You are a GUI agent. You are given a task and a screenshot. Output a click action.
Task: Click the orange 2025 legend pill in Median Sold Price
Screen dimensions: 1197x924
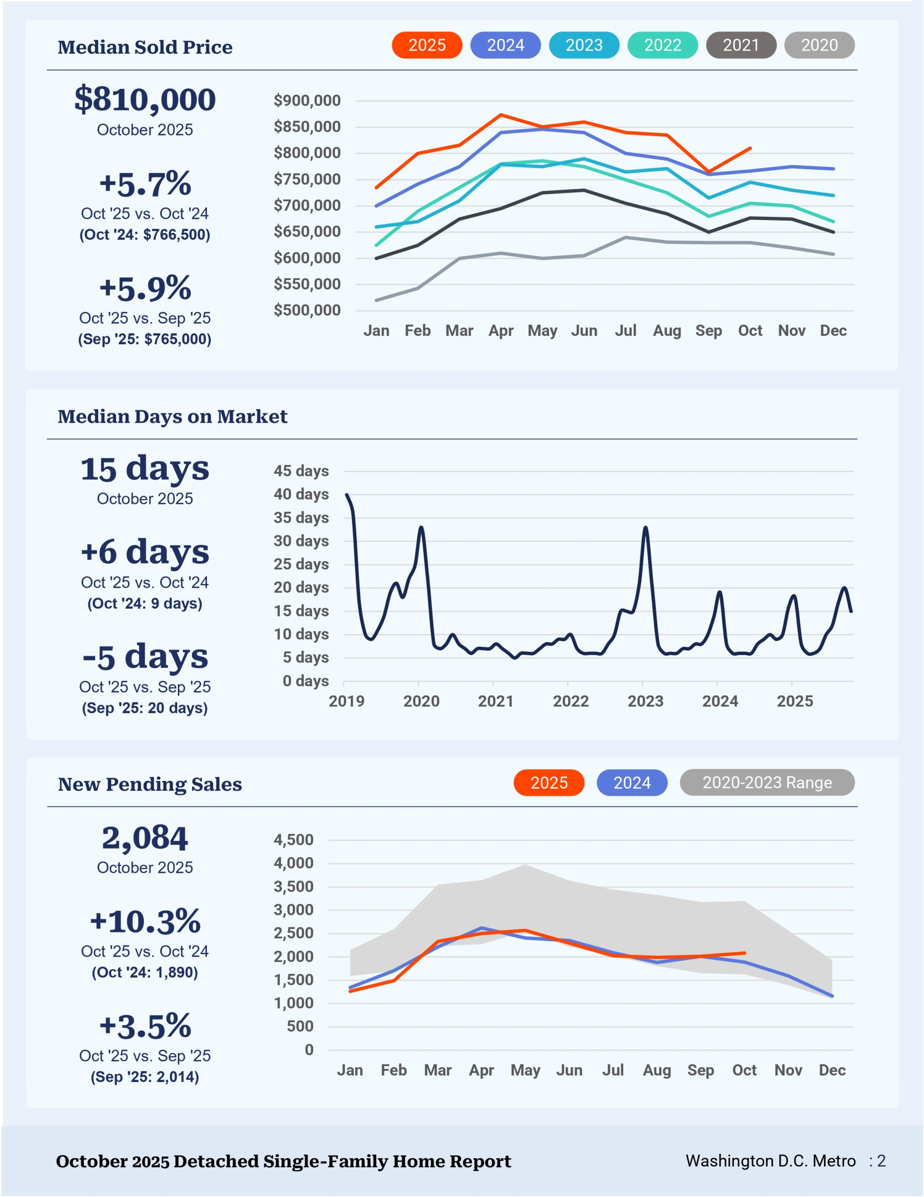pyautogui.click(x=426, y=45)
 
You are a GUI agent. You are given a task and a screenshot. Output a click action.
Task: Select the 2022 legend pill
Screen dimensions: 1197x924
pyautogui.click(x=662, y=45)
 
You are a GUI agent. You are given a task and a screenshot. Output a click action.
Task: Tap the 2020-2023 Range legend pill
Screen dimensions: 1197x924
pyautogui.click(x=767, y=782)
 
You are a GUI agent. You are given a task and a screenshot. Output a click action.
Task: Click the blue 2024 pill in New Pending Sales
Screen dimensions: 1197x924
pyautogui.click(x=632, y=782)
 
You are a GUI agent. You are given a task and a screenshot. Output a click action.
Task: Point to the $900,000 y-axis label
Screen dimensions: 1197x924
pyautogui.click(x=307, y=101)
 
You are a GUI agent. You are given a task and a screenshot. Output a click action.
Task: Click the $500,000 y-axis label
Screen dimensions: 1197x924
pyautogui.click(x=307, y=310)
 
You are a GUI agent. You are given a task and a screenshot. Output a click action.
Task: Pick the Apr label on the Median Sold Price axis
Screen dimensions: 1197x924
pyautogui.click(x=501, y=331)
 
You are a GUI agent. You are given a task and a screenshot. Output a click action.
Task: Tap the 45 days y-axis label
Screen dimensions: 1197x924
pyautogui.click(x=301, y=471)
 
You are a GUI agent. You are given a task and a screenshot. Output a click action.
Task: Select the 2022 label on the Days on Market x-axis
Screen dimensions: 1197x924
pyautogui.click(x=571, y=701)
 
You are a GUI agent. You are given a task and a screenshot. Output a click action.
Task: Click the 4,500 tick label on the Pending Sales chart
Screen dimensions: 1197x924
pyautogui.click(x=293, y=840)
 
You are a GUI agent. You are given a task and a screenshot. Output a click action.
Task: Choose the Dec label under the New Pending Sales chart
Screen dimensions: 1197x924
pyautogui.click(x=832, y=1070)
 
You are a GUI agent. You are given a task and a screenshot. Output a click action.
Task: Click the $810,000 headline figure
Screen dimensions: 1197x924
pyautogui.click(x=145, y=100)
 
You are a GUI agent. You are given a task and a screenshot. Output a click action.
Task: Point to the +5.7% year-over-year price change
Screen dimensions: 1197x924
pyautogui.click(x=145, y=184)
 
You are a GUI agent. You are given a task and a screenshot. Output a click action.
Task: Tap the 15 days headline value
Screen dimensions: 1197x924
pyautogui.click(x=145, y=469)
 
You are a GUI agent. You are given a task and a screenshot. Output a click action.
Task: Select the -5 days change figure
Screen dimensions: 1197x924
pyautogui.click(x=145, y=656)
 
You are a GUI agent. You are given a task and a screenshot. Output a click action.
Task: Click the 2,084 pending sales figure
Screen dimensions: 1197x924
pyautogui.click(x=145, y=838)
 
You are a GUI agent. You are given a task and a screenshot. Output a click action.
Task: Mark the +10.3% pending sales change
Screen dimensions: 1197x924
pyautogui.click(x=145, y=921)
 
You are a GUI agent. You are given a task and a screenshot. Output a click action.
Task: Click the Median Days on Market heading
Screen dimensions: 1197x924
pyautogui.click(x=172, y=417)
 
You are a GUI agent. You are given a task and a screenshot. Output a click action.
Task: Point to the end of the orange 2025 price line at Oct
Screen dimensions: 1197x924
pyautogui.click(x=750, y=148)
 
